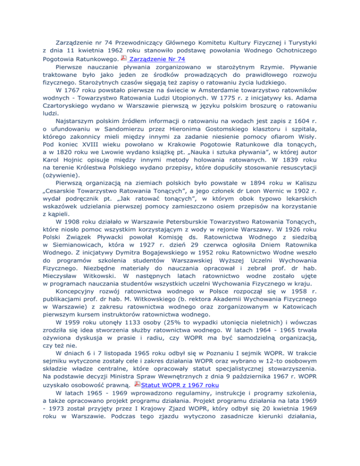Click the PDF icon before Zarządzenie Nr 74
(x=123, y=58)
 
